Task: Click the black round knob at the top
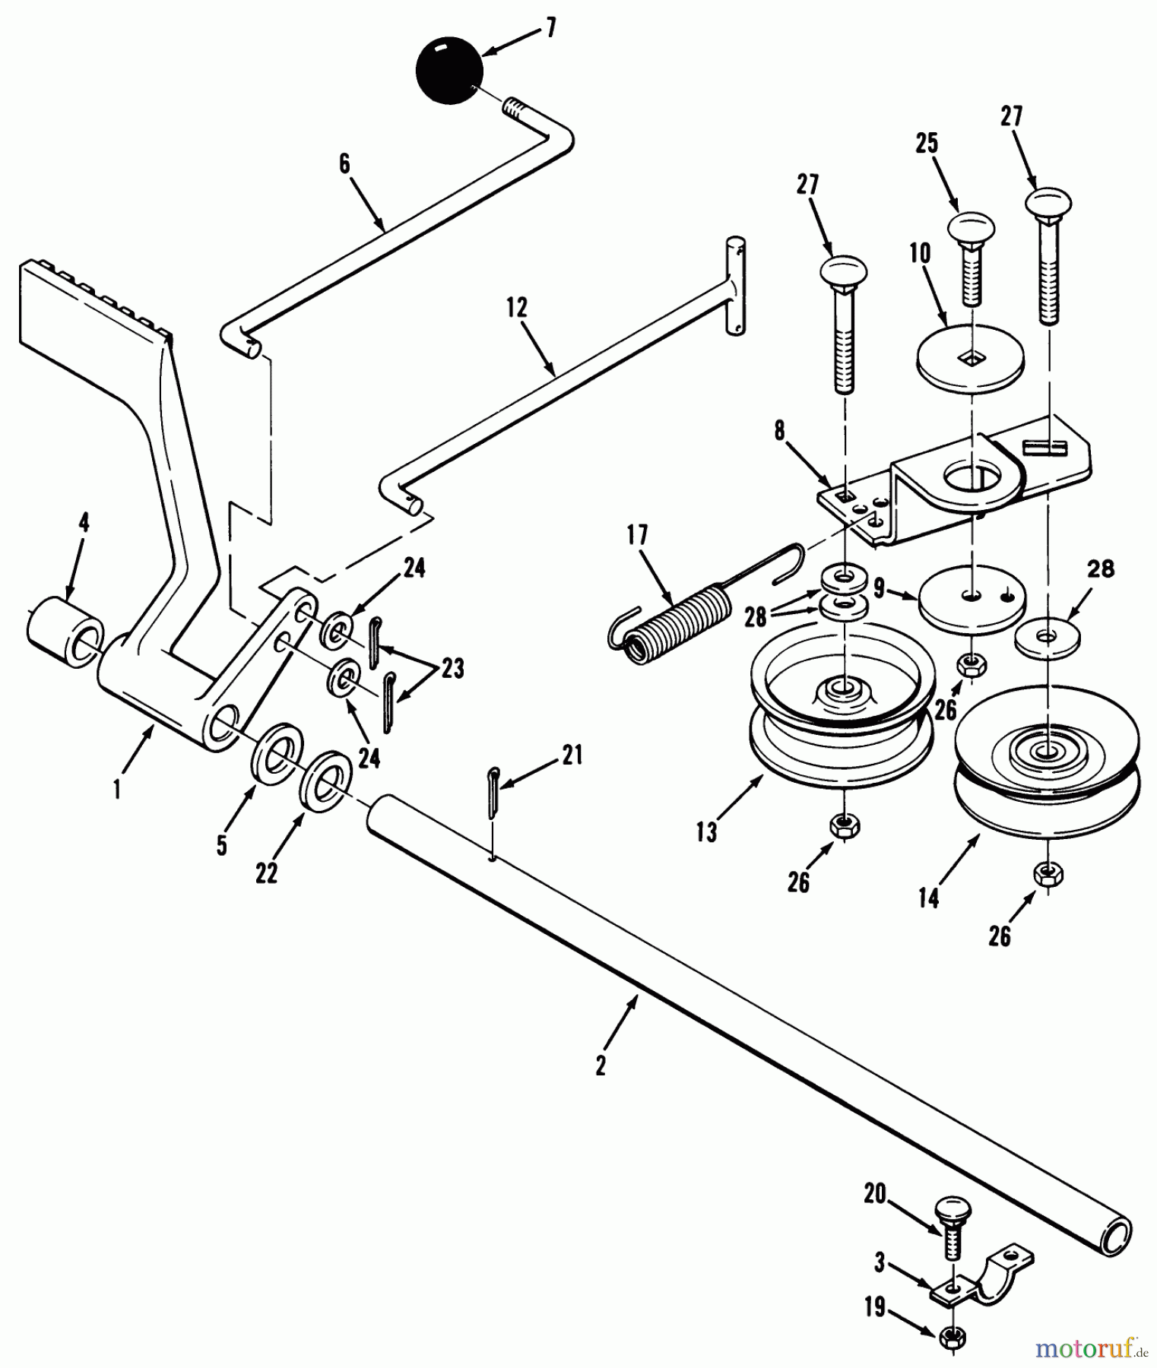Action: coord(449,70)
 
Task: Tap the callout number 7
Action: coord(550,29)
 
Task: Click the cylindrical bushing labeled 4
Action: coord(67,631)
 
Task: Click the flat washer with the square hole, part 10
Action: coord(970,353)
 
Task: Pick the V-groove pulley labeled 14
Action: coord(1046,760)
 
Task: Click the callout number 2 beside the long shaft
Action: coord(601,1066)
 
